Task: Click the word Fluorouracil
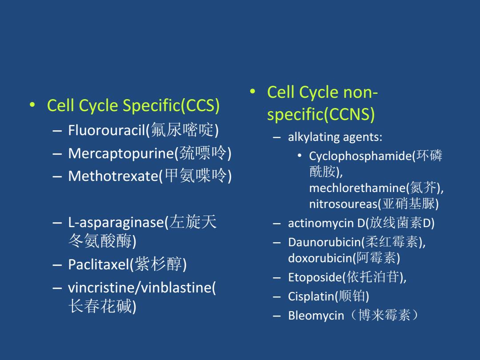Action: click(x=106, y=130)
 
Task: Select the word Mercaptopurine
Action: click(x=121, y=153)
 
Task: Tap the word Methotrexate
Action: click(x=113, y=176)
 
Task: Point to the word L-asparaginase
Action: click(x=116, y=223)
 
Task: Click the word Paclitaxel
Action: click(x=99, y=264)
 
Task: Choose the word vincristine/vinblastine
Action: click(x=140, y=288)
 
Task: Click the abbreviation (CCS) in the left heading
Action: click(x=200, y=106)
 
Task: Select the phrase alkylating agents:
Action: click(x=335, y=137)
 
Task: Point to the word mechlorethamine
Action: click(x=357, y=188)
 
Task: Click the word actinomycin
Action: click(x=321, y=223)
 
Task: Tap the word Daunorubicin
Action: click(x=324, y=242)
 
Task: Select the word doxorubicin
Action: click(x=320, y=258)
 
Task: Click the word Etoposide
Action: click(x=315, y=277)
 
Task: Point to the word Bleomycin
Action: click(x=316, y=316)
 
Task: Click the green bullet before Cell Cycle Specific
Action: click(x=32, y=105)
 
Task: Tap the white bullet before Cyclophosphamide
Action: click(x=300, y=156)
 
